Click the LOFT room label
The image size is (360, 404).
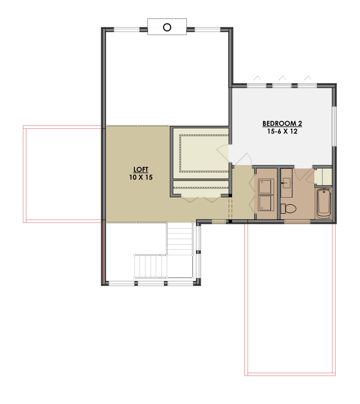click(141, 170)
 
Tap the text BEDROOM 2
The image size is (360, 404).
click(282, 123)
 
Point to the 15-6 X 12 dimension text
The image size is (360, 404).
click(282, 131)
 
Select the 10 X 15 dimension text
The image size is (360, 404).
click(141, 177)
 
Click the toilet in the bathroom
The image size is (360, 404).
click(288, 208)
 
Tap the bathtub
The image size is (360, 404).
click(324, 203)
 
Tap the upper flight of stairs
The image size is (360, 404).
click(179, 238)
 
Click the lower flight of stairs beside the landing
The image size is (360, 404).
click(150, 266)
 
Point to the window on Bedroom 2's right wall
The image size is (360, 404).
click(334, 126)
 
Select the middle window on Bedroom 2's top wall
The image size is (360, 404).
click(282, 86)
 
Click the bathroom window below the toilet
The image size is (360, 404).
click(297, 221)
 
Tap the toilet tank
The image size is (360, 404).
click(283, 208)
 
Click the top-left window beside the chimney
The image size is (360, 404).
click(127, 30)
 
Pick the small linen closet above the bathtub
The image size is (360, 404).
click(323, 177)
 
